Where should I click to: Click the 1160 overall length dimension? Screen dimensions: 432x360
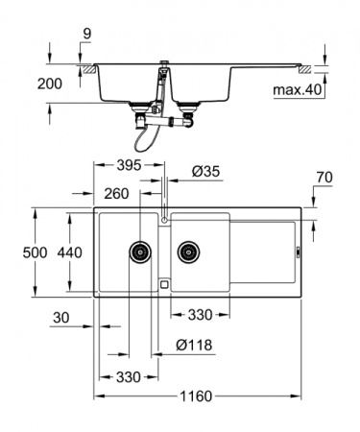point(194,396)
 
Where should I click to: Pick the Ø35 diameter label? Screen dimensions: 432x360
point(205,171)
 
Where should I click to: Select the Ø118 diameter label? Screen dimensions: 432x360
point(193,346)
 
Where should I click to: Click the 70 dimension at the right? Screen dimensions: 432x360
point(323,178)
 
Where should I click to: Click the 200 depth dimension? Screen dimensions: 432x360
point(52,84)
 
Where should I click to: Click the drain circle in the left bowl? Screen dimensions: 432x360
point(140,252)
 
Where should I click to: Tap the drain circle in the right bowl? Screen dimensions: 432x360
point(187,252)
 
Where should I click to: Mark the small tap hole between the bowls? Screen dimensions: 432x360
point(164,220)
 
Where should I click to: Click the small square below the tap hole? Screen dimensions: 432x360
point(164,284)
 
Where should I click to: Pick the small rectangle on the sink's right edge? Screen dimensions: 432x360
point(297,252)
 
